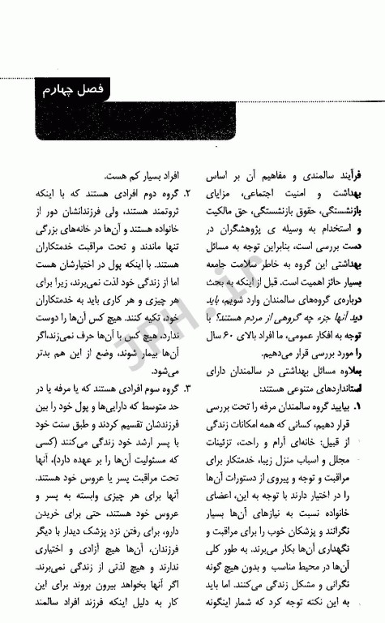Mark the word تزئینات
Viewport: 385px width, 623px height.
(x=223, y=443)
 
